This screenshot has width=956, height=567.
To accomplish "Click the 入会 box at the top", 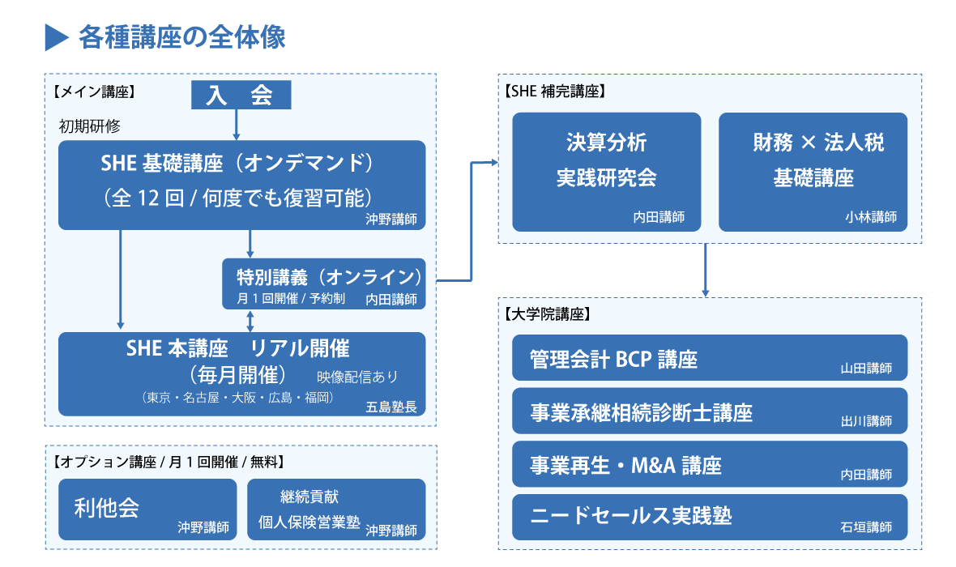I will pos(241,95).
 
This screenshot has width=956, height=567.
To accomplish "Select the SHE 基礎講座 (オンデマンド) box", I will pos(241,185).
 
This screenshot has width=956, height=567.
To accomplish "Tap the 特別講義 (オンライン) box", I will pos(324,283).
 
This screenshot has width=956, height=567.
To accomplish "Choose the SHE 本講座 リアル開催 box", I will pos(241,373).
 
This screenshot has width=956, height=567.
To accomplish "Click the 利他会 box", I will pos(147,509).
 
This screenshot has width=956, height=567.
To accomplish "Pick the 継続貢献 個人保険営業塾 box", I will pos(336,509).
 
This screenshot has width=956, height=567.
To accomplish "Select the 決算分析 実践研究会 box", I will pos(607,172).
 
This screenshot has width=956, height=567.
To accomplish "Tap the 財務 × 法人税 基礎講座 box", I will pos(813,172).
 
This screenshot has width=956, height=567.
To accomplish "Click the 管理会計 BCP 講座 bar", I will pos(710,357).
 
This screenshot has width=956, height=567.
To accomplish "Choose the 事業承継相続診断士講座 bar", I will pos(710,411).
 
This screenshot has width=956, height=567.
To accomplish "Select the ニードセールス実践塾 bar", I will pos(710,517).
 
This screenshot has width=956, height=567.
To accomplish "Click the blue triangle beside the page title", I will pos(56,38).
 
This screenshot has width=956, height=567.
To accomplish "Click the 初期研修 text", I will pos(90,126).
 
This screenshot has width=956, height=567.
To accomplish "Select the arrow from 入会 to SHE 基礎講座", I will pos(236,125).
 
